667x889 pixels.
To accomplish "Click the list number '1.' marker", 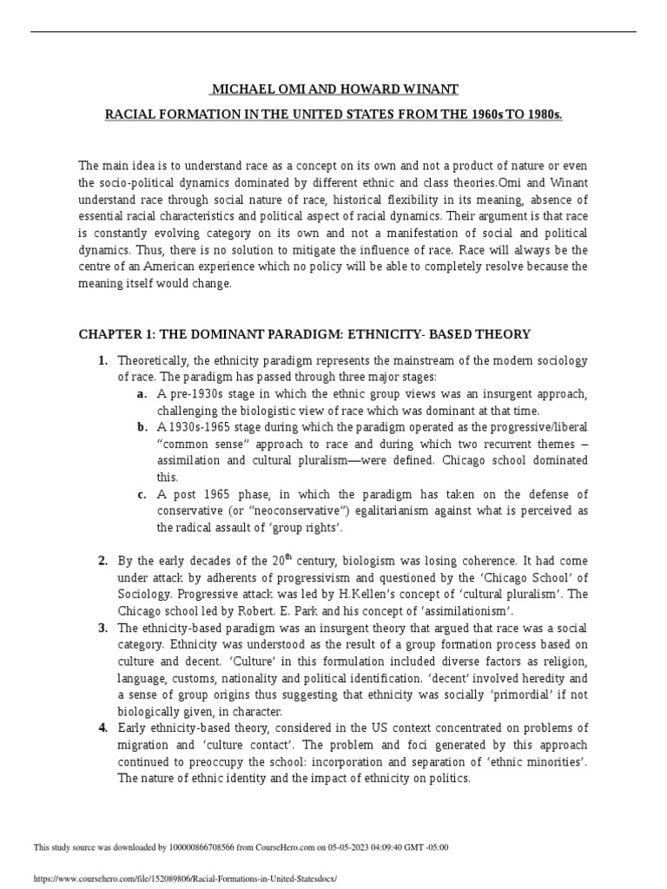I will pyautogui.click(x=102, y=360).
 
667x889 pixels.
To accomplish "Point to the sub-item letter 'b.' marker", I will pyautogui.click(x=142, y=426).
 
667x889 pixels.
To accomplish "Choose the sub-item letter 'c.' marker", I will pyautogui.click(x=142, y=494).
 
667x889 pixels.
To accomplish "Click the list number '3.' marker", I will pyautogui.click(x=102, y=628).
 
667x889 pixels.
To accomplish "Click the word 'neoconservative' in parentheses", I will pyautogui.click(x=282, y=510).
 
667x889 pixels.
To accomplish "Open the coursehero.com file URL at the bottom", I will pyautogui.click(x=183, y=879).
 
